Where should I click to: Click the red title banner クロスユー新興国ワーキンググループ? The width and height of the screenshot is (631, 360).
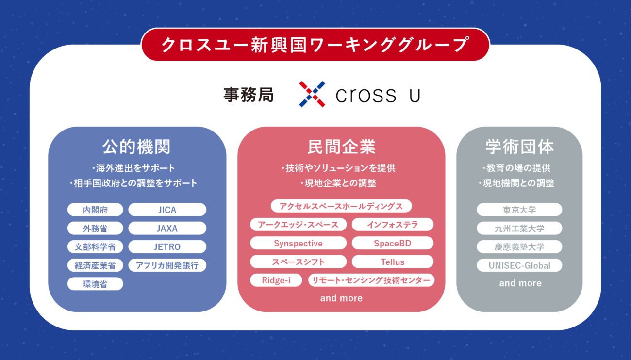point(315,45)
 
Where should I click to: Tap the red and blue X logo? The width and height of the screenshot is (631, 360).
point(312,94)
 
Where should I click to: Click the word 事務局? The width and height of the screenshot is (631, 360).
point(249,95)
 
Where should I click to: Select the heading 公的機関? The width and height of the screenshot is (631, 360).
point(136,147)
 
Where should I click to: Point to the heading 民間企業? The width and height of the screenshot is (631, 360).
point(341,147)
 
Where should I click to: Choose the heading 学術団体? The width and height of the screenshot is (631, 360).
point(520,147)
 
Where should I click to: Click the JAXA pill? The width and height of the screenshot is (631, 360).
point(167,228)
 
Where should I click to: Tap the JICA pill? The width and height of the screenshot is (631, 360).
point(167,210)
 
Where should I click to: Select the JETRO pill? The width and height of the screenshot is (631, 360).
point(167,247)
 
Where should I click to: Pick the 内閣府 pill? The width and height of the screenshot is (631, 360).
point(95,210)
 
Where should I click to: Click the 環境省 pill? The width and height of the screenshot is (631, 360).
point(95,284)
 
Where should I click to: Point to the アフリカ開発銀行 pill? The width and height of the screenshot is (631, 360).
point(167,265)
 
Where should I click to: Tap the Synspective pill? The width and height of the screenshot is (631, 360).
point(299,243)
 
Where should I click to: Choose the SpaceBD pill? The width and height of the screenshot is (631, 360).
point(392,243)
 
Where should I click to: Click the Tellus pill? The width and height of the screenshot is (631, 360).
point(392,262)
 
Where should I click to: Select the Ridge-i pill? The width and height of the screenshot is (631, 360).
point(276,280)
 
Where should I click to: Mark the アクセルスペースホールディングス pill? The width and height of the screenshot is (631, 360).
point(341,206)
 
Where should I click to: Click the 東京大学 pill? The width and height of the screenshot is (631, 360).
point(519,210)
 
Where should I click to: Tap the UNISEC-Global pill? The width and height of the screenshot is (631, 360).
point(519,265)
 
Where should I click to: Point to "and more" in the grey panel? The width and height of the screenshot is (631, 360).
point(520,283)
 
